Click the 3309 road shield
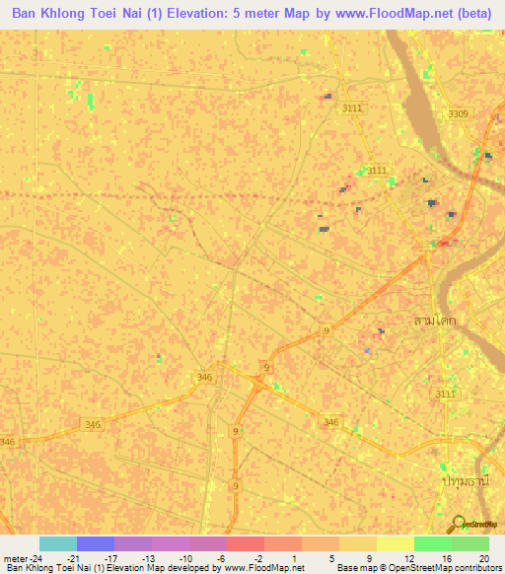(459, 114)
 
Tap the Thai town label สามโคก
(433, 322)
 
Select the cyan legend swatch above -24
(57, 543)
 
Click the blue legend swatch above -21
(96, 543)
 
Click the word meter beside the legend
(18, 558)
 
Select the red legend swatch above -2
(246, 543)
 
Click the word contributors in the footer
(477, 569)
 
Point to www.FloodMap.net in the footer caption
(264, 569)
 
